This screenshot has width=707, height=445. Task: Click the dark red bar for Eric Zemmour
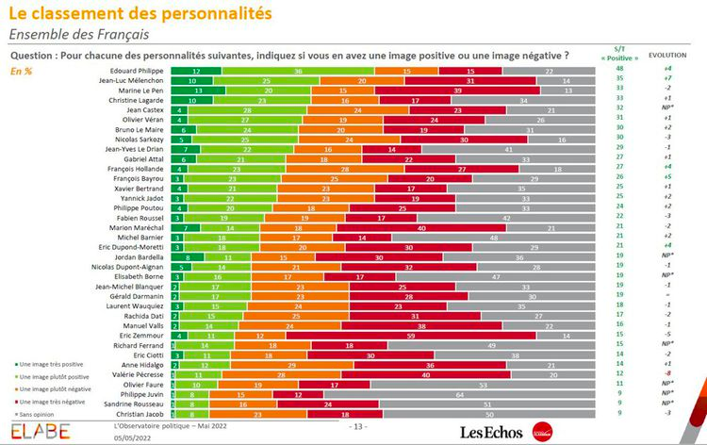click(412, 335)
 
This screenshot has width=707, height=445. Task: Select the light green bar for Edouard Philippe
click(297, 71)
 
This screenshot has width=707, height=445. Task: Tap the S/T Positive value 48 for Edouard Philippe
click(620, 71)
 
